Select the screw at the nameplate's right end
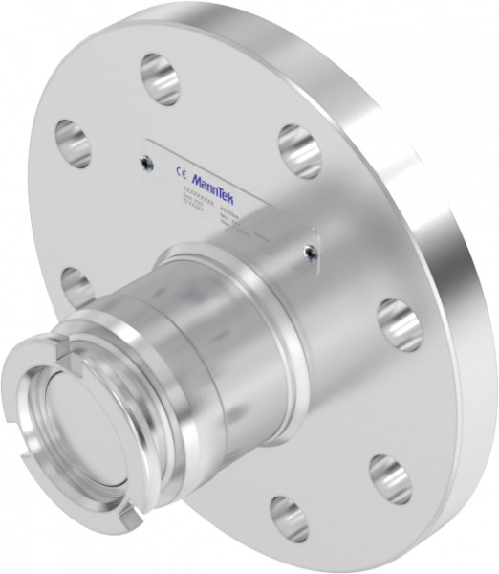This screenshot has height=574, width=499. coord(307,252)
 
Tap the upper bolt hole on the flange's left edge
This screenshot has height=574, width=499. coord(73,143)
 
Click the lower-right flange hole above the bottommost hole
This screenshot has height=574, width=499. coord(390,476)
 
